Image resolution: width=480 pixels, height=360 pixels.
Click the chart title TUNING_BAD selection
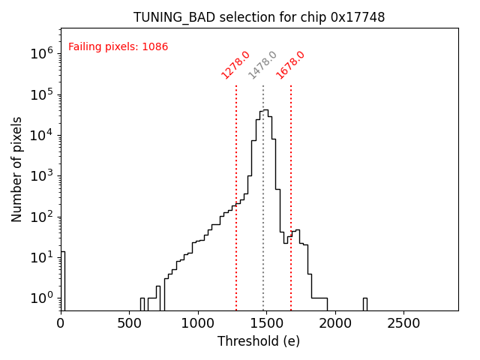click(259, 17)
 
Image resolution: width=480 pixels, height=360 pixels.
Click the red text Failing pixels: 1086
click(118, 47)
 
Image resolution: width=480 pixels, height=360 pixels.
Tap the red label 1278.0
click(235, 64)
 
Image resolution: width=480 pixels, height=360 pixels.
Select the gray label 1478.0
click(262, 65)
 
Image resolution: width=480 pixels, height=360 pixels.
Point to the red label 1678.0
click(290, 64)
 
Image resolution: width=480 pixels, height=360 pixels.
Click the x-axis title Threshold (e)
click(259, 341)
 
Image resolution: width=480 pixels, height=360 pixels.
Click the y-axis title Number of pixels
click(17, 169)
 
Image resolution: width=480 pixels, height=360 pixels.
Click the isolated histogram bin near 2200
click(364, 304)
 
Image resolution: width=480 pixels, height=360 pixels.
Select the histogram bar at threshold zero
click(63, 281)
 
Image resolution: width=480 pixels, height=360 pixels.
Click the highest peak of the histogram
click(265, 110)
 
